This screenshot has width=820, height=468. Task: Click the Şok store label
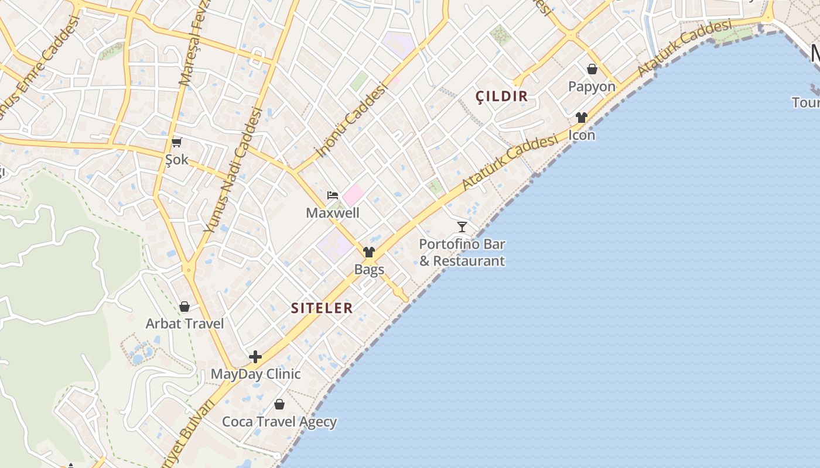point(176,160)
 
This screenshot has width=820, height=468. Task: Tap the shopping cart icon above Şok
point(176,142)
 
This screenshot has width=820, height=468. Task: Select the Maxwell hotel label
point(333,213)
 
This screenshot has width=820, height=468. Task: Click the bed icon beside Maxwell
point(333,195)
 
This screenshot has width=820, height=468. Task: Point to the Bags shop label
point(369,270)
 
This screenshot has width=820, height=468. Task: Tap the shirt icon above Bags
point(369,252)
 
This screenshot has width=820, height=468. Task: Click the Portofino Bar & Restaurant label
point(462,252)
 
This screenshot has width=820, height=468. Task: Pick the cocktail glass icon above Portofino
point(462,226)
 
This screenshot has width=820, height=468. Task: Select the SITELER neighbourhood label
point(322,308)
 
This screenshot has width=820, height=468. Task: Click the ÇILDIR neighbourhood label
point(502,97)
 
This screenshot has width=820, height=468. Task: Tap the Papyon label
point(592,87)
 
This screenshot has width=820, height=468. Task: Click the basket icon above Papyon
point(592,69)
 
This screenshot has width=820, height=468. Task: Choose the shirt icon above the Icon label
point(582,118)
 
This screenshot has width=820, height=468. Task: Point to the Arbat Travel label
point(184,324)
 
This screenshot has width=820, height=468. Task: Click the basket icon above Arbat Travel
point(184,307)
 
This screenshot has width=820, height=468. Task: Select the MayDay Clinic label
point(255,374)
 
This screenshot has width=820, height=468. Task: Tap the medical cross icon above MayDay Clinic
point(255,357)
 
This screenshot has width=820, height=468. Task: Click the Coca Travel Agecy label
point(279,422)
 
